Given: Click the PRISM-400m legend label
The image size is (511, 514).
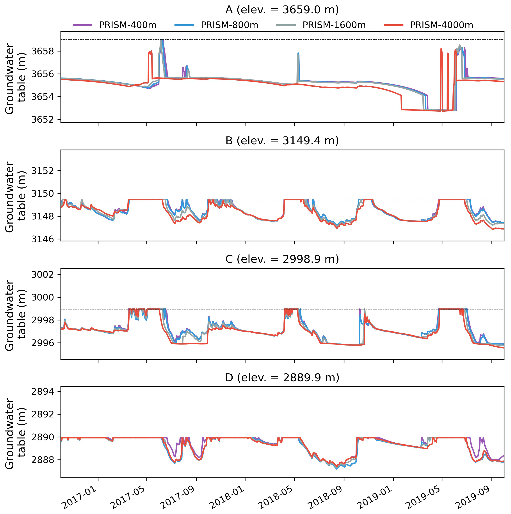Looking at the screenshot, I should (x=128, y=25).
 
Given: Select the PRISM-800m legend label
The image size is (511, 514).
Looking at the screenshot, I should (x=229, y=25).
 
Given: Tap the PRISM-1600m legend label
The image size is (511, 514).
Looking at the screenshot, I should (x=334, y=25).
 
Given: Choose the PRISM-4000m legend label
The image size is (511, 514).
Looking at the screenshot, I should (x=441, y=25).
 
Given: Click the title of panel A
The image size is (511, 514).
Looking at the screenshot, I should (x=282, y=10).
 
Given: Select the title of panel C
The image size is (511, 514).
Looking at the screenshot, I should (x=282, y=259).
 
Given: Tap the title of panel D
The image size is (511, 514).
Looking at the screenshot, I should (x=282, y=378).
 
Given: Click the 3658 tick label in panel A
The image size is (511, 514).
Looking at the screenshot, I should (x=42, y=51).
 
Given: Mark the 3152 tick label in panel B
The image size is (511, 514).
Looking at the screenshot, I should (x=42, y=171).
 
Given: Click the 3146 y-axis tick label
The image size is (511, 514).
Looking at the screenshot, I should (x=42, y=239).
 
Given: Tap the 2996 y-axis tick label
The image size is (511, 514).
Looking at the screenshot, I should (x=42, y=343).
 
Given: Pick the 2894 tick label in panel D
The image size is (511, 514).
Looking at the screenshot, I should (x=42, y=392).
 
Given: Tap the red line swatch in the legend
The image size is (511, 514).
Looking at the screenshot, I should (x=393, y=25).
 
